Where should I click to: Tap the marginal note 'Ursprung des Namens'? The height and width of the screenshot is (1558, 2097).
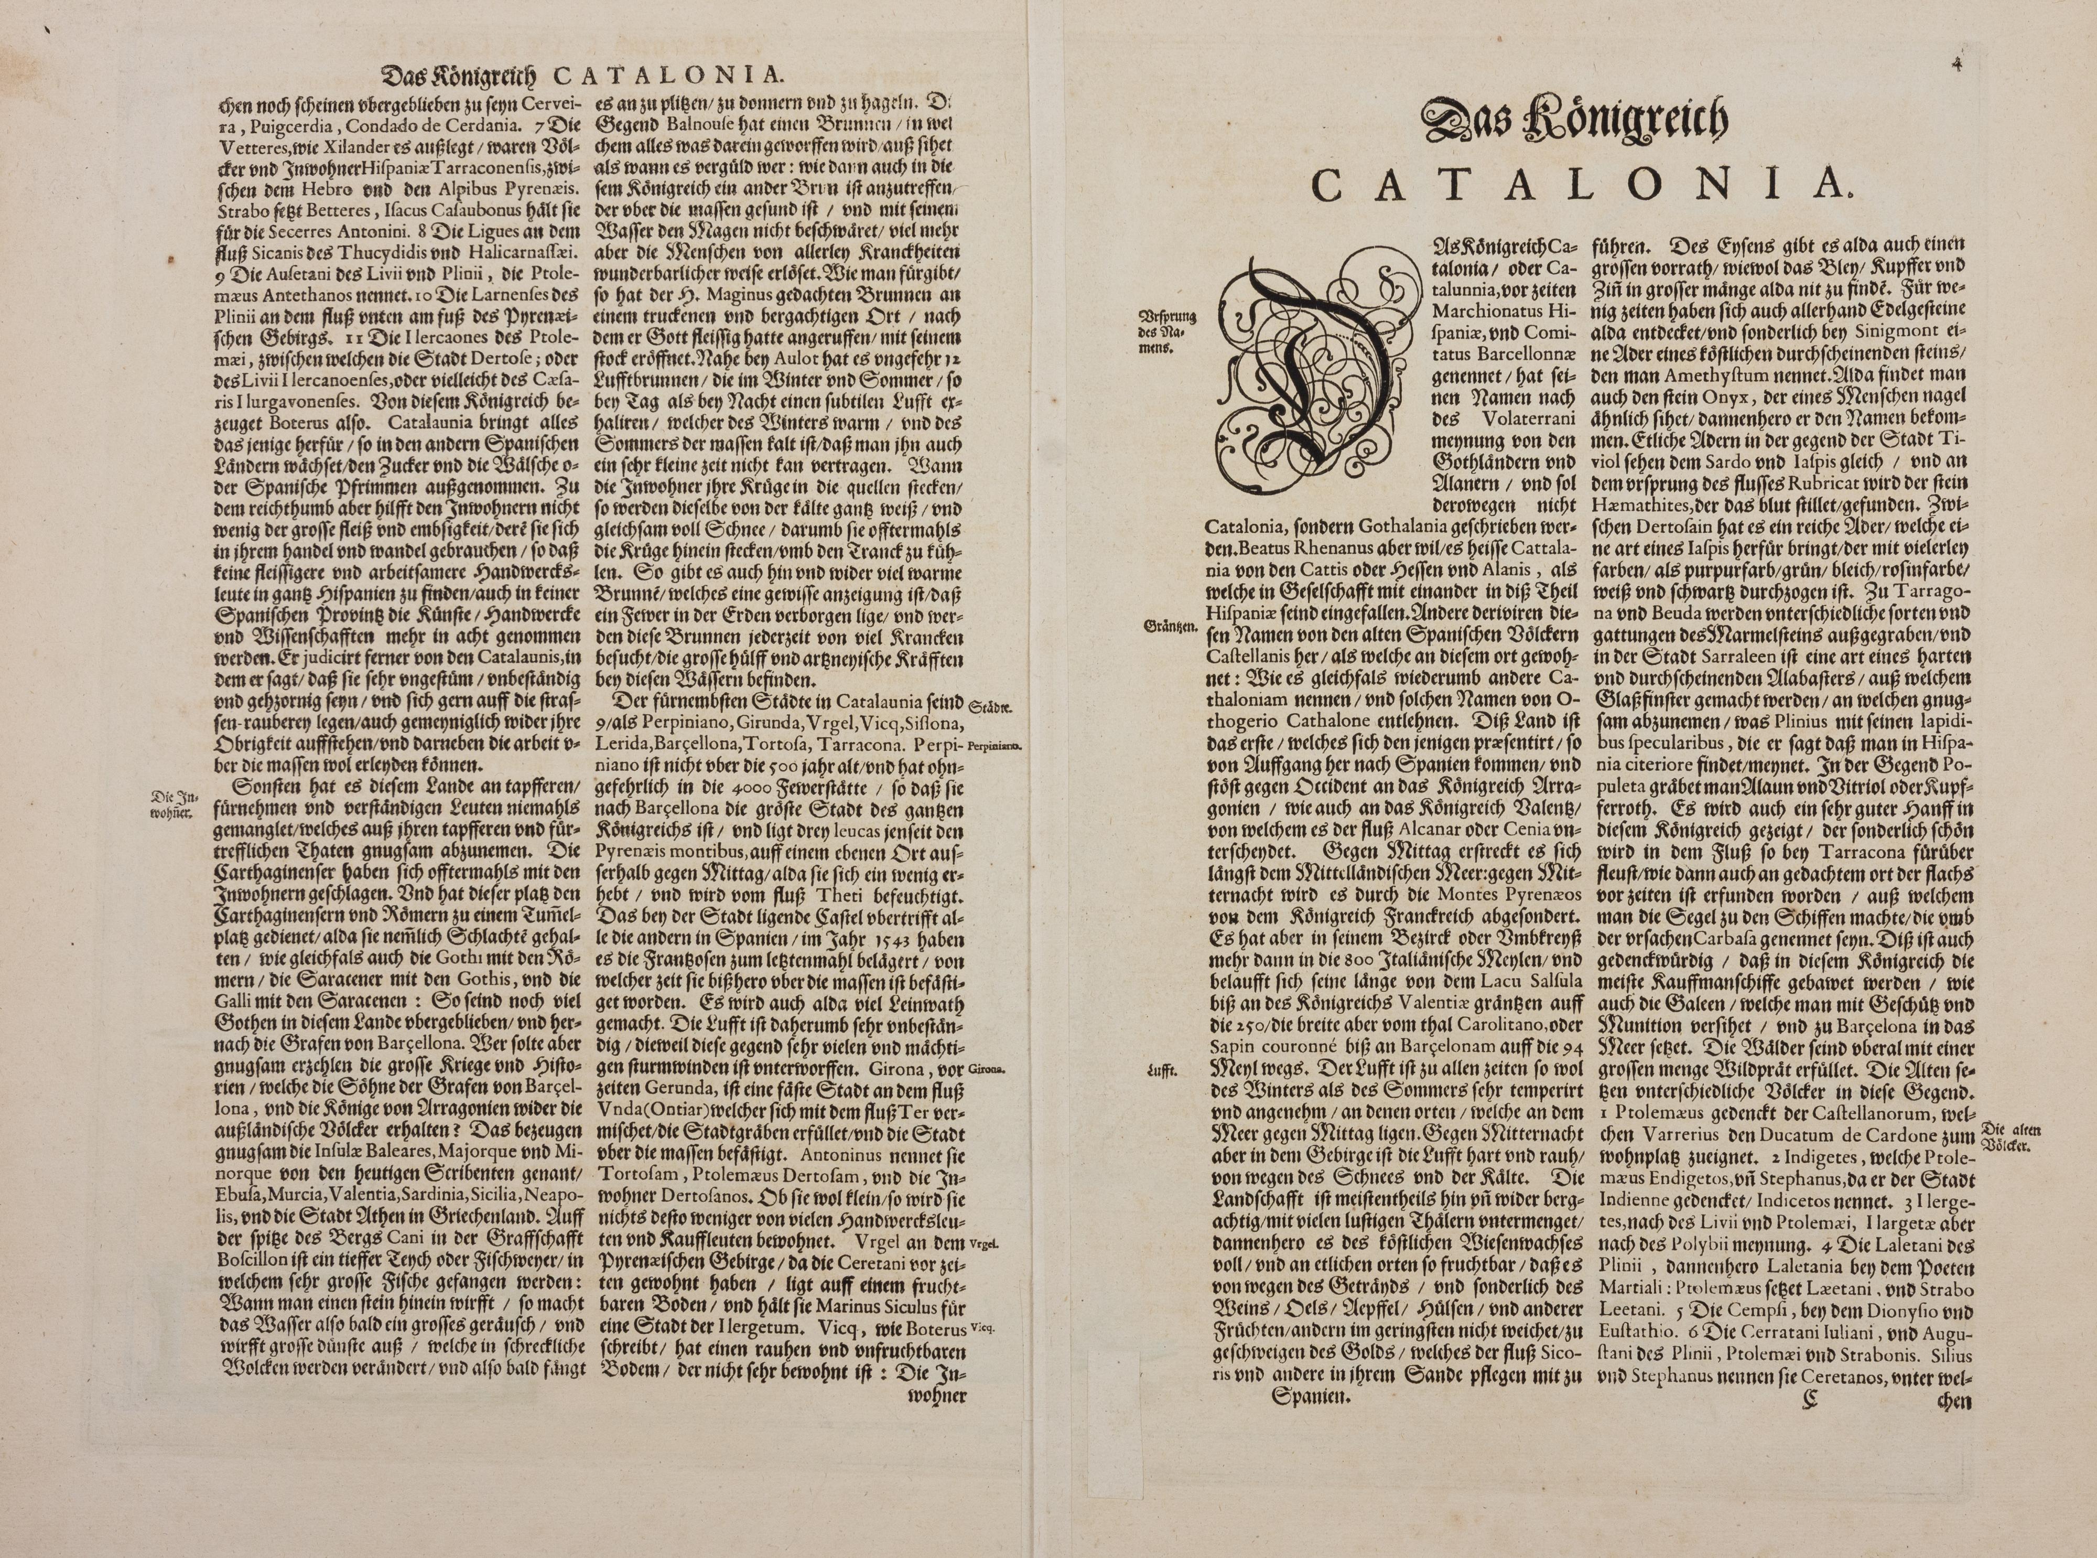tap(1168, 330)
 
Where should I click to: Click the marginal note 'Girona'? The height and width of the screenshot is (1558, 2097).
tap(985, 1069)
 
